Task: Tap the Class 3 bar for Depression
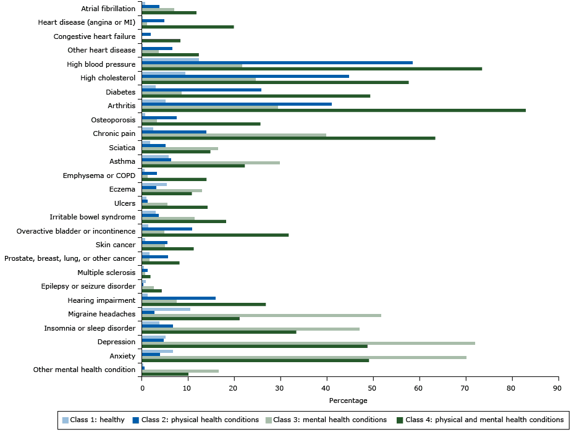click(308, 342)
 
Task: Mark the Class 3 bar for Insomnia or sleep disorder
click(251, 329)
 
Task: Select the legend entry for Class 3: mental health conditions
click(329, 420)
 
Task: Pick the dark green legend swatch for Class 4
click(400, 420)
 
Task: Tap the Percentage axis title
click(348, 400)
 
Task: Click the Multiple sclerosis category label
click(106, 273)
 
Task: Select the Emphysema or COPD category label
click(99, 176)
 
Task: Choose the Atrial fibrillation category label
click(108, 9)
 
